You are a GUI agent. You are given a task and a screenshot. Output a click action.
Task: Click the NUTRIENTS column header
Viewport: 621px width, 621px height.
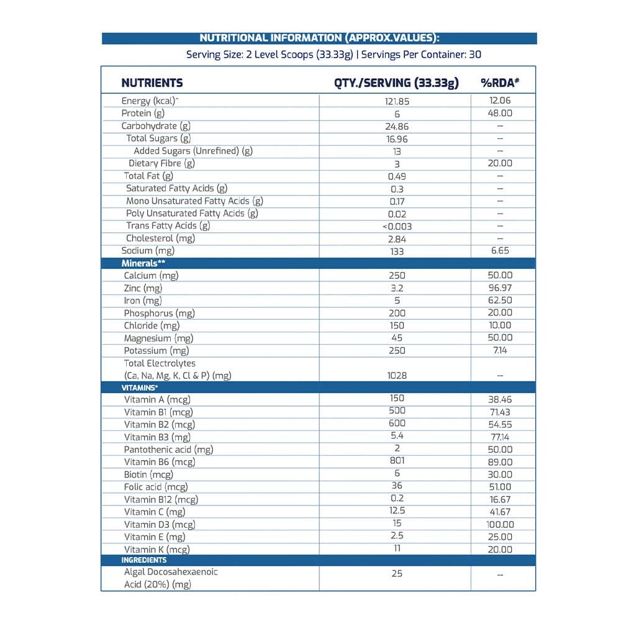tap(152, 83)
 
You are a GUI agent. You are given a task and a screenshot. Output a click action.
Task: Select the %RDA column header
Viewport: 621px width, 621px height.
tap(500, 83)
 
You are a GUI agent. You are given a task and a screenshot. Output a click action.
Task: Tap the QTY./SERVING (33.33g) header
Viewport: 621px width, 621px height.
tap(396, 83)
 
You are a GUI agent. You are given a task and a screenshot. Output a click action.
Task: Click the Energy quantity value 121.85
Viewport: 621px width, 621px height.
tap(397, 101)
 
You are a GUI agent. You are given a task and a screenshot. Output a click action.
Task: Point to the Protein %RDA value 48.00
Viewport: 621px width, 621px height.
tap(500, 113)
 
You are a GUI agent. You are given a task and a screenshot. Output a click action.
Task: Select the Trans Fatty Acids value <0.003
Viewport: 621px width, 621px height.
tap(397, 226)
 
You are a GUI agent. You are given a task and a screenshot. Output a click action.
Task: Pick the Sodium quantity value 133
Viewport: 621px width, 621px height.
tap(397, 251)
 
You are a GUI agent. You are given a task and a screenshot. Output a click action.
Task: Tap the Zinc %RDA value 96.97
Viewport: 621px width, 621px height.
tap(500, 288)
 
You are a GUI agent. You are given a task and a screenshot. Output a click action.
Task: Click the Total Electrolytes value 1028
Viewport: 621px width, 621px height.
tap(397, 375)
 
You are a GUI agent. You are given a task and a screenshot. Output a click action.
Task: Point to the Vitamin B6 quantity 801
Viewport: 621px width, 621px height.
tap(397, 461)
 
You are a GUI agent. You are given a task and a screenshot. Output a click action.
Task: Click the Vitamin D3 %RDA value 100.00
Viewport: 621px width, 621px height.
tap(500, 524)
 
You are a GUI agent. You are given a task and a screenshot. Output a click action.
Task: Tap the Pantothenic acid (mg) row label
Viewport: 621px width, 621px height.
tap(168, 449)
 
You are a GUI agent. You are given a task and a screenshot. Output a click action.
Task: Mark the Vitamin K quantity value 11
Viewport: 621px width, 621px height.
tap(397, 548)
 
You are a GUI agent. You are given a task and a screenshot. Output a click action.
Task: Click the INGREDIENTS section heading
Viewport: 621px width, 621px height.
tap(144, 560)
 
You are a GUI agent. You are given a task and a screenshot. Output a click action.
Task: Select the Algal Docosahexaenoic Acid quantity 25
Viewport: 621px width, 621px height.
tap(397, 573)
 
